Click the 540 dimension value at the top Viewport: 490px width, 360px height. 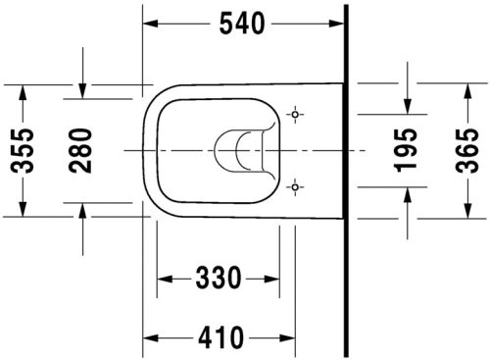pos(242,25)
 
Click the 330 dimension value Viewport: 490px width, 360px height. pos(217,280)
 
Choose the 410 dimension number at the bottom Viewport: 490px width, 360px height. pos(217,338)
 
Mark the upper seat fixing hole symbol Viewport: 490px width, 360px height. pos(293,117)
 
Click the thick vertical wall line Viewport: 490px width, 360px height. pos(346,177)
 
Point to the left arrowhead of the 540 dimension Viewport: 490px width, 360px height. pos(151,25)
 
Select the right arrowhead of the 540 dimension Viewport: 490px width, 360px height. pos(337,25)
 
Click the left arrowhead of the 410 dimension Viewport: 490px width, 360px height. pos(151,338)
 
